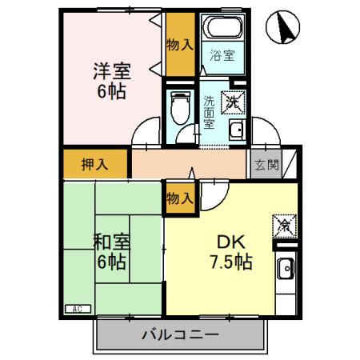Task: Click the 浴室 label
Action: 222,55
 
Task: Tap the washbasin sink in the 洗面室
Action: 237,131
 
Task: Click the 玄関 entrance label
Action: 267,166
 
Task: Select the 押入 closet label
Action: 94,165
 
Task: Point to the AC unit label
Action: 78,309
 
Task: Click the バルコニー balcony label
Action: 179,334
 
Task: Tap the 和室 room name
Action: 112,241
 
